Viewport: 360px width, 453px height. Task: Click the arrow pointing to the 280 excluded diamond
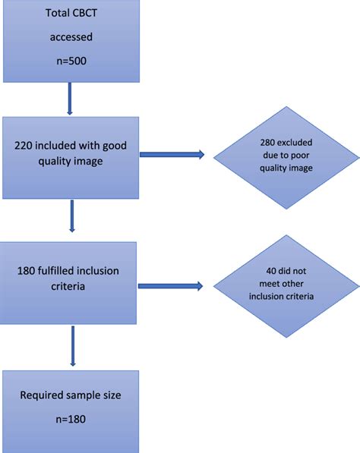pyautogui.click(x=172, y=156)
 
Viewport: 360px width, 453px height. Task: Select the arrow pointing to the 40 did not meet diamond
pyautogui.click(x=172, y=286)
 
